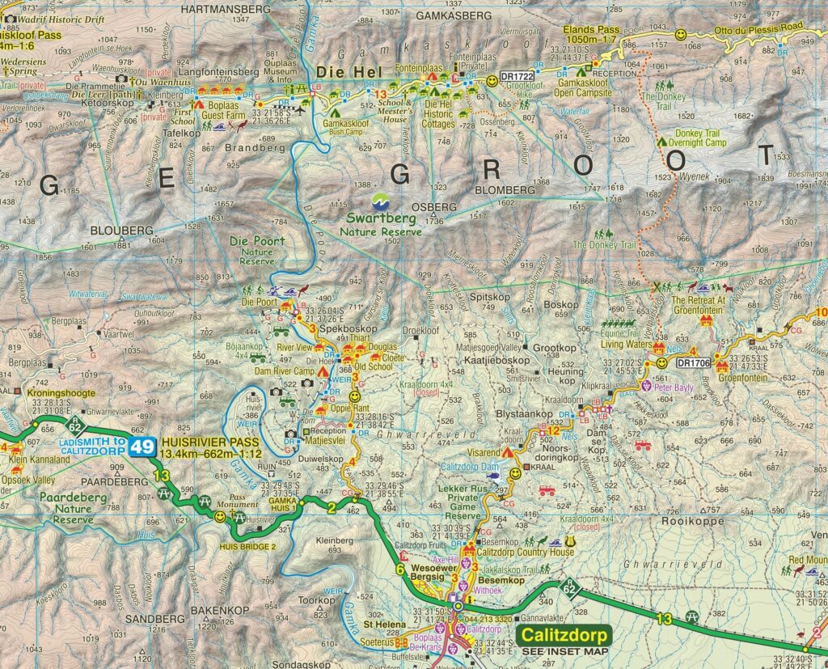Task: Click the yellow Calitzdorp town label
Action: coord(563,636)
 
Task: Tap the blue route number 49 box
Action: coord(146,447)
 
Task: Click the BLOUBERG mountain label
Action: coord(127,231)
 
